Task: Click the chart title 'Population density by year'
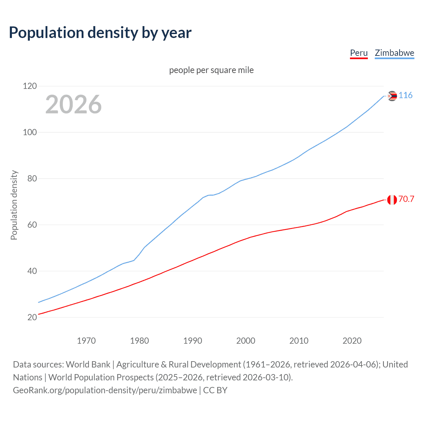point(100,33)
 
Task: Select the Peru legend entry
point(359,53)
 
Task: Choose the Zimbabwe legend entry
point(394,53)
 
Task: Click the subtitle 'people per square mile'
point(211,70)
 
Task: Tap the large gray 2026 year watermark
point(73,104)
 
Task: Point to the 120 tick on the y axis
point(30,86)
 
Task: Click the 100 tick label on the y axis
point(30,132)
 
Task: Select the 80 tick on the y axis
point(32,178)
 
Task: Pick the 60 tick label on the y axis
point(32,225)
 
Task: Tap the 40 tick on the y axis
point(32,271)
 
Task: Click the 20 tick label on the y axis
point(32,317)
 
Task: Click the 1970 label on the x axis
point(86,341)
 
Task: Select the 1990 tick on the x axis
point(193,341)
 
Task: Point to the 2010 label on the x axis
point(299,341)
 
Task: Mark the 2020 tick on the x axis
point(352,341)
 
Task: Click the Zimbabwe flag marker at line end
point(392,96)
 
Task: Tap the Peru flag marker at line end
point(392,200)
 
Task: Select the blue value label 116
point(405,96)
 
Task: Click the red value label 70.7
point(406,199)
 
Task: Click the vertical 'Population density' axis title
point(14,205)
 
